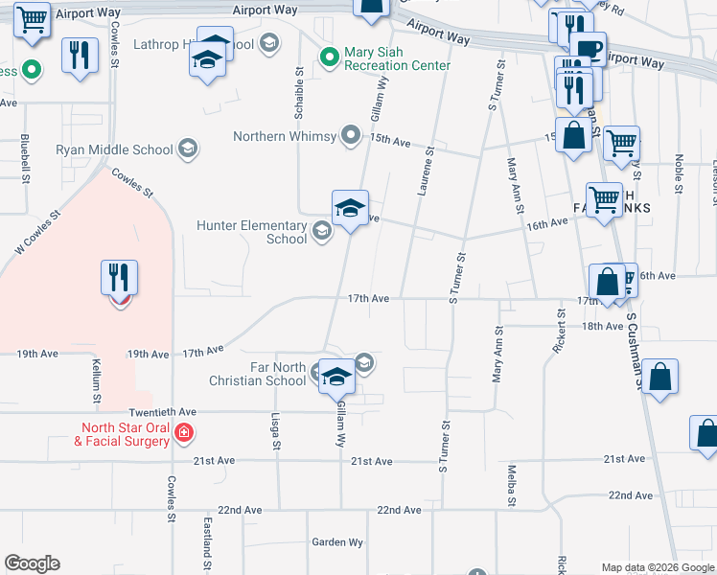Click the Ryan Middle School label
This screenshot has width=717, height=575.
point(115,149)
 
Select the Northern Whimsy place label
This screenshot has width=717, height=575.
point(286,136)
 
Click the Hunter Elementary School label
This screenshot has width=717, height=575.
point(252,232)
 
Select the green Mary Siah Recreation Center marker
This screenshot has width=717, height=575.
point(330,57)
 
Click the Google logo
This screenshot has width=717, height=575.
point(32,563)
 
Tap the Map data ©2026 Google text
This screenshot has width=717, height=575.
point(657,567)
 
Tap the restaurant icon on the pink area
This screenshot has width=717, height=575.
point(120,278)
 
